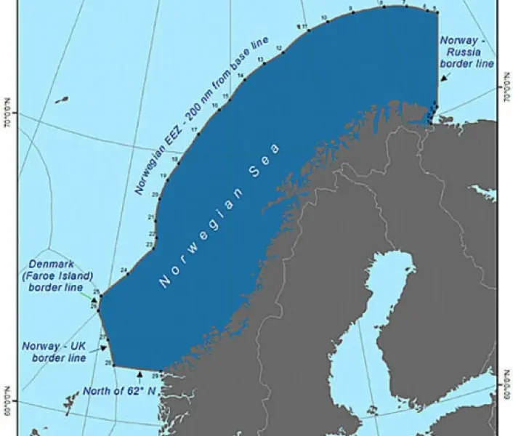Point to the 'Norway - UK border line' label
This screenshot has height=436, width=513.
54,352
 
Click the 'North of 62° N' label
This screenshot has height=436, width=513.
120,390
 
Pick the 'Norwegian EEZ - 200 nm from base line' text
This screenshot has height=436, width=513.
201,116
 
